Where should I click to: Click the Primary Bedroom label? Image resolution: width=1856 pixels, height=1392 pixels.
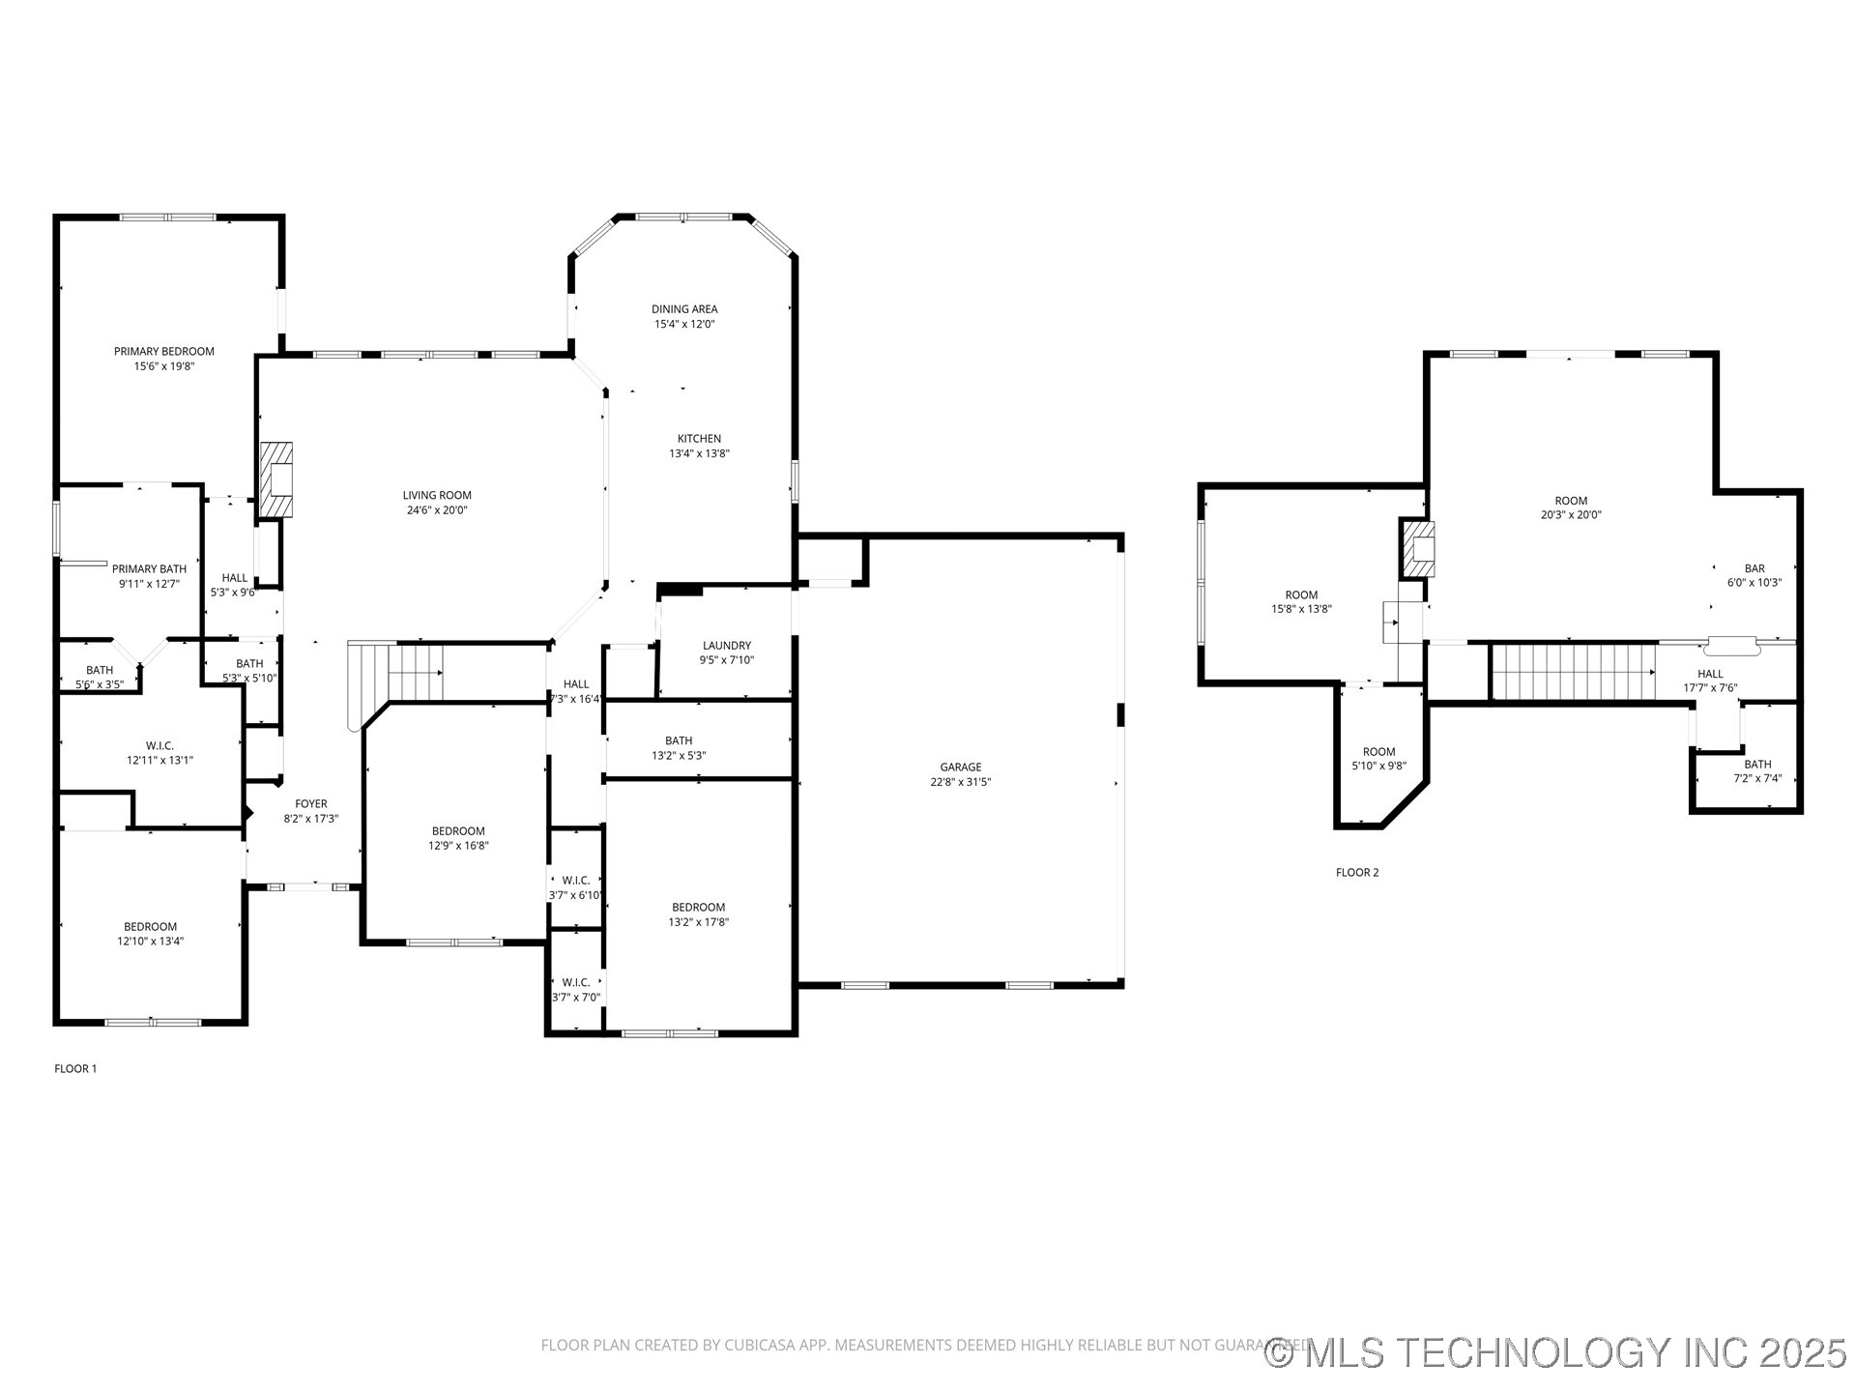[163, 352]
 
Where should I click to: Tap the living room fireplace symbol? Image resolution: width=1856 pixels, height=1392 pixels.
[276, 480]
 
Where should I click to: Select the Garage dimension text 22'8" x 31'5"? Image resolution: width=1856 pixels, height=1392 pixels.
[960, 782]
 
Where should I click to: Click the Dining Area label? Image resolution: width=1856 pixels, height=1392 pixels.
[683, 309]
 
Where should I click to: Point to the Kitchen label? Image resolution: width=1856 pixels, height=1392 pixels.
[698, 439]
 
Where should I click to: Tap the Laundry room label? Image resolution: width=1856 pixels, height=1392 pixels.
[726, 646]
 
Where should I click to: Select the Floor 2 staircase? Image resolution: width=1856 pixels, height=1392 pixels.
[1573, 672]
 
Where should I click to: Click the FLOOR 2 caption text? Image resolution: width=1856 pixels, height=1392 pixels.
[1356, 873]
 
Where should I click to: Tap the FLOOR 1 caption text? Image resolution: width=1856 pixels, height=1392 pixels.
[75, 1068]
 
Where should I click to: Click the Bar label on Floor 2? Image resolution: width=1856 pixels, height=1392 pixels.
[1754, 569]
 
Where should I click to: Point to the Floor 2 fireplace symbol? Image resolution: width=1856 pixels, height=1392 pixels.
[1418, 549]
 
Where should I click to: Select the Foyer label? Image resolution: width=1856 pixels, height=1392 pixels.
[310, 804]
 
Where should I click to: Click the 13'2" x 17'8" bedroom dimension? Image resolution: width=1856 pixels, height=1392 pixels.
[698, 922]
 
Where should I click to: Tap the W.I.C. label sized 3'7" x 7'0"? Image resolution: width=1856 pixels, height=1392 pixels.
[575, 983]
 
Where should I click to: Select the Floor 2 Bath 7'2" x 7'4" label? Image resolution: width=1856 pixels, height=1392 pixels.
[1756, 765]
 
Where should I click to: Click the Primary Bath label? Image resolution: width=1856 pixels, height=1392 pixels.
[149, 569]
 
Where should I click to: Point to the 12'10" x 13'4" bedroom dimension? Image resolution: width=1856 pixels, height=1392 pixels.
[150, 942]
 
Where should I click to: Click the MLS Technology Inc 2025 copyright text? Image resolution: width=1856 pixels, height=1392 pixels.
[1555, 1352]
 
